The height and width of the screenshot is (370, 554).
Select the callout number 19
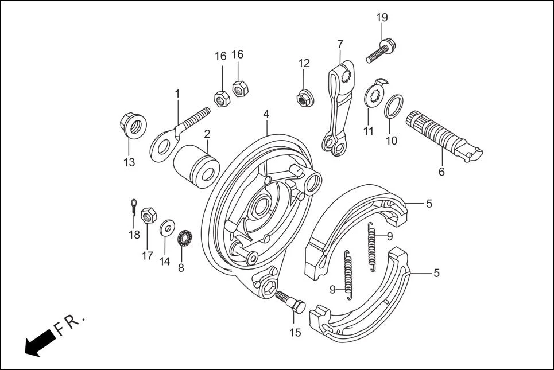[x=382, y=18]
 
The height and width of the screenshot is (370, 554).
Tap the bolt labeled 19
[x=382, y=50]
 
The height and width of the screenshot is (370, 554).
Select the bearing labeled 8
[x=185, y=237]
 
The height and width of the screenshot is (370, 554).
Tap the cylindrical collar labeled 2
[x=196, y=165]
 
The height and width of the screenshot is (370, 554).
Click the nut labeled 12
[x=304, y=99]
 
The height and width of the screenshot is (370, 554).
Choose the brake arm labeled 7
[x=339, y=109]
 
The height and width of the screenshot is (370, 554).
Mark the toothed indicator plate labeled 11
[x=374, y=95]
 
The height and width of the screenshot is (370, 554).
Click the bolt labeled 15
[x=291, y=302]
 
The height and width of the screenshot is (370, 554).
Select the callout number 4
[x=266, y=114]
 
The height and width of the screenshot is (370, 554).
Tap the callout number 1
[x=177, y=93]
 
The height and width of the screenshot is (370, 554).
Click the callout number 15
[x=295, y=332]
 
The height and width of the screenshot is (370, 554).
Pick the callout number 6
[x=441, y=172]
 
